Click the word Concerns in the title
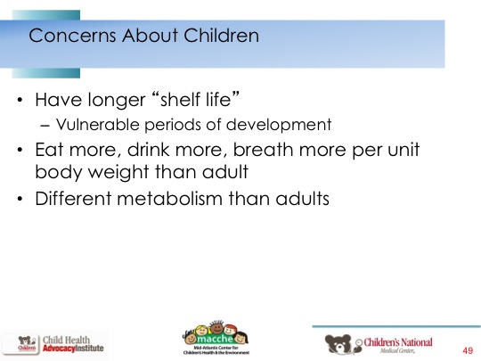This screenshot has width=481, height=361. (72, 36)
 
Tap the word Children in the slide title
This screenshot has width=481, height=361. (222, 35)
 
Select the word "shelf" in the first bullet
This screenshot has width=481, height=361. (180, 100)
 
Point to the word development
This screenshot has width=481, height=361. (279, 125)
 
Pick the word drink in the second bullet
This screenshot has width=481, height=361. (149, 149)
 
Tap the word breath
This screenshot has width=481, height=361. (263, 149)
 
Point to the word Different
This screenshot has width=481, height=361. (73, 198)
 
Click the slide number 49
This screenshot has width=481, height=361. (468, 350)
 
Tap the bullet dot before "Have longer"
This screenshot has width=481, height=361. (20, 100)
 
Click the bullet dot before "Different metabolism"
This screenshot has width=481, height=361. (20, 199)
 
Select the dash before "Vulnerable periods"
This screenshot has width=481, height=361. (45, 126)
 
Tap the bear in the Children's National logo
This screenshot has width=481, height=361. (338, 343)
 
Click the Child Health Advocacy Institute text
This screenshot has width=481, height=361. (73, 344)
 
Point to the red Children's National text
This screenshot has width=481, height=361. (398, 342)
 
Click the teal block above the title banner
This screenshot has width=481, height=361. (46, 15)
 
